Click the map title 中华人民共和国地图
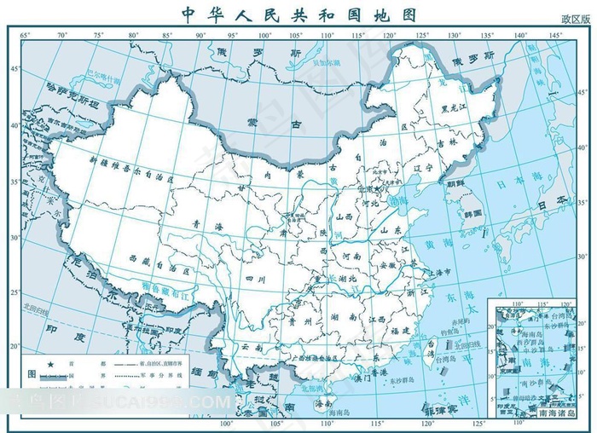298,14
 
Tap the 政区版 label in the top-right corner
576,19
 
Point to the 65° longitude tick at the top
25,35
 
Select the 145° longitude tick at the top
555,35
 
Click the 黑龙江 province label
456,107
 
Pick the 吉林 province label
449,144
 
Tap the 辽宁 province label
423,169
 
